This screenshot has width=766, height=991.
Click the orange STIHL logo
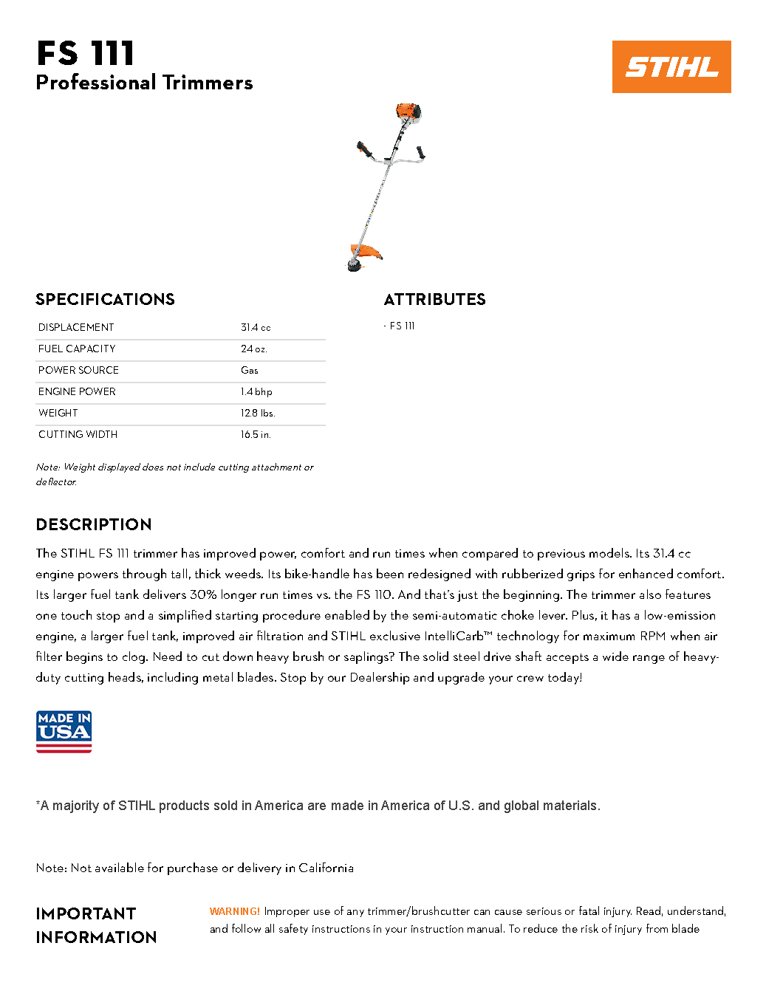pyautogui.click(x=671, y=66)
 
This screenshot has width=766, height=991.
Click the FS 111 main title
pyautogui.click(x=86, y=54)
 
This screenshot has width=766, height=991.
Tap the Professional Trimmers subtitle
pyautogui.click(x=144, y=83)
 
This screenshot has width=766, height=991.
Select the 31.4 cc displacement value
pyautogui.click(x=256, y=327)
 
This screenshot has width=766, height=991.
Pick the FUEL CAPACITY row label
pyautogui.click(x=77, y=349)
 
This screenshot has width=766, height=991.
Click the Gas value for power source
pyautogui.click(x=250, y=370)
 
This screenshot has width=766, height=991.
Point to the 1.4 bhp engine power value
pyautogui.click(x=256, y=391)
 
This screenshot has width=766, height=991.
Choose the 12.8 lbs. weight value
pyautogui.click(x=258, y=413)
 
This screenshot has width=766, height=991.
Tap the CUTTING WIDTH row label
pyautogui.click(x=78, y=434)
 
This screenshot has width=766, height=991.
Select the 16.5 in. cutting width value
pyautogui.click(x=256, y=434)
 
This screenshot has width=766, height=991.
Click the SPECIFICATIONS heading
pyautogui.click(x=105, y=299)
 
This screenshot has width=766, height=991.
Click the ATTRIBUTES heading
pyautogui.click(x=434, y=299)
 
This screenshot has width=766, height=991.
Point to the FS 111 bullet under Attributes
pyautogui.click(x=402, y=326)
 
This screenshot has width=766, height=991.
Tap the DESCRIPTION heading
pyautogui.click(x=94, y=524)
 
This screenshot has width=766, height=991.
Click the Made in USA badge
pyautogui.click(x=64, y=732)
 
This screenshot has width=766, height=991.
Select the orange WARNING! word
pyautogui.click(x=235, y=911)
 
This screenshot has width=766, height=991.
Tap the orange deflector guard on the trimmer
pyautogui.click(x=367, y=251)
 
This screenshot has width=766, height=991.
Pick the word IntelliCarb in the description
pyautogui.click(x=454, y=636)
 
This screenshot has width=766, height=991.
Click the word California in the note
pyautogui.click(x=326, y=868)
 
